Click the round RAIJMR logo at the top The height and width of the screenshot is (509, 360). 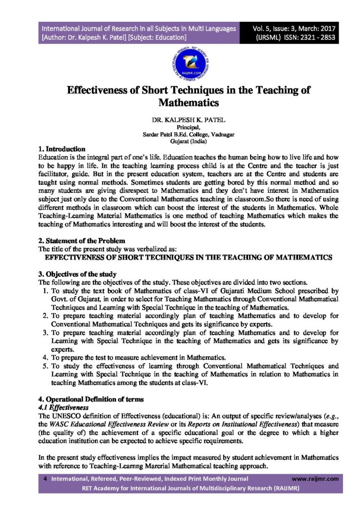click(x=180, y=66)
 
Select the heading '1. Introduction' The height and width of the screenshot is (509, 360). click(x=62, y=149)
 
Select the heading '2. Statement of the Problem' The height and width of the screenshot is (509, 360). click(x=78, y=241)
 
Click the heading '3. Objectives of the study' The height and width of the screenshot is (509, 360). click(x=77, y=274)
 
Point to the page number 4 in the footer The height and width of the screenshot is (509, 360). click(x=45, y=479)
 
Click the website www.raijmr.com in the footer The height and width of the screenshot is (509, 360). click(x=315, y=479)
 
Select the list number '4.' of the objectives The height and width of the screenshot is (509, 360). click(x=45, y=357)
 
